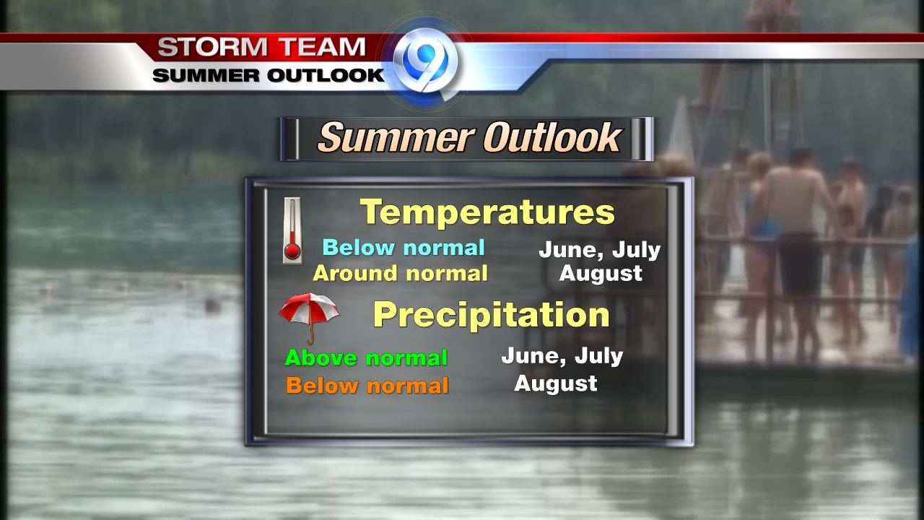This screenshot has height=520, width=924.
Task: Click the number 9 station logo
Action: click(x=425, y=62)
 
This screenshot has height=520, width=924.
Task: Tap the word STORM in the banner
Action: click(x=212, y=47)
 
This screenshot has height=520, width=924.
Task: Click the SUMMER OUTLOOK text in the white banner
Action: click(x=269, y=76)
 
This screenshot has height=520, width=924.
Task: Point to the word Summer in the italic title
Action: click(x=396, y=137)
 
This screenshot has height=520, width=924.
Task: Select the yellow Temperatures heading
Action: click(x=487, y=212)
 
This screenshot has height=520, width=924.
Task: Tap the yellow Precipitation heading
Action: click(x=491, y=315)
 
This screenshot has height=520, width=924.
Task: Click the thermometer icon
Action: click(x=292, y=230)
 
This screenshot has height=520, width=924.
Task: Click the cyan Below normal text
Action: click(x=404, y=248)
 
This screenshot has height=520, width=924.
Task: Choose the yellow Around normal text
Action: click(x=400, y=273)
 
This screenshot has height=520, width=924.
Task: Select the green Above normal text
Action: click(x=366, y=357)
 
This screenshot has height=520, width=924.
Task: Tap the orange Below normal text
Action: click(x=367, y=386)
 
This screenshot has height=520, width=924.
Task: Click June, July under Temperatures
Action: click(x=600, y=250)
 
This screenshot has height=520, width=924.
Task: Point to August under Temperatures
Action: click(x=601, y=274)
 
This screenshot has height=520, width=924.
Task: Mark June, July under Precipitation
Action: click(x=562, y=356)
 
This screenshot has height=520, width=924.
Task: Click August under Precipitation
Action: click(x=556, y=383)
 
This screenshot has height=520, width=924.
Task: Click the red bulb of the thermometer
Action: click(x=292, y=251)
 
